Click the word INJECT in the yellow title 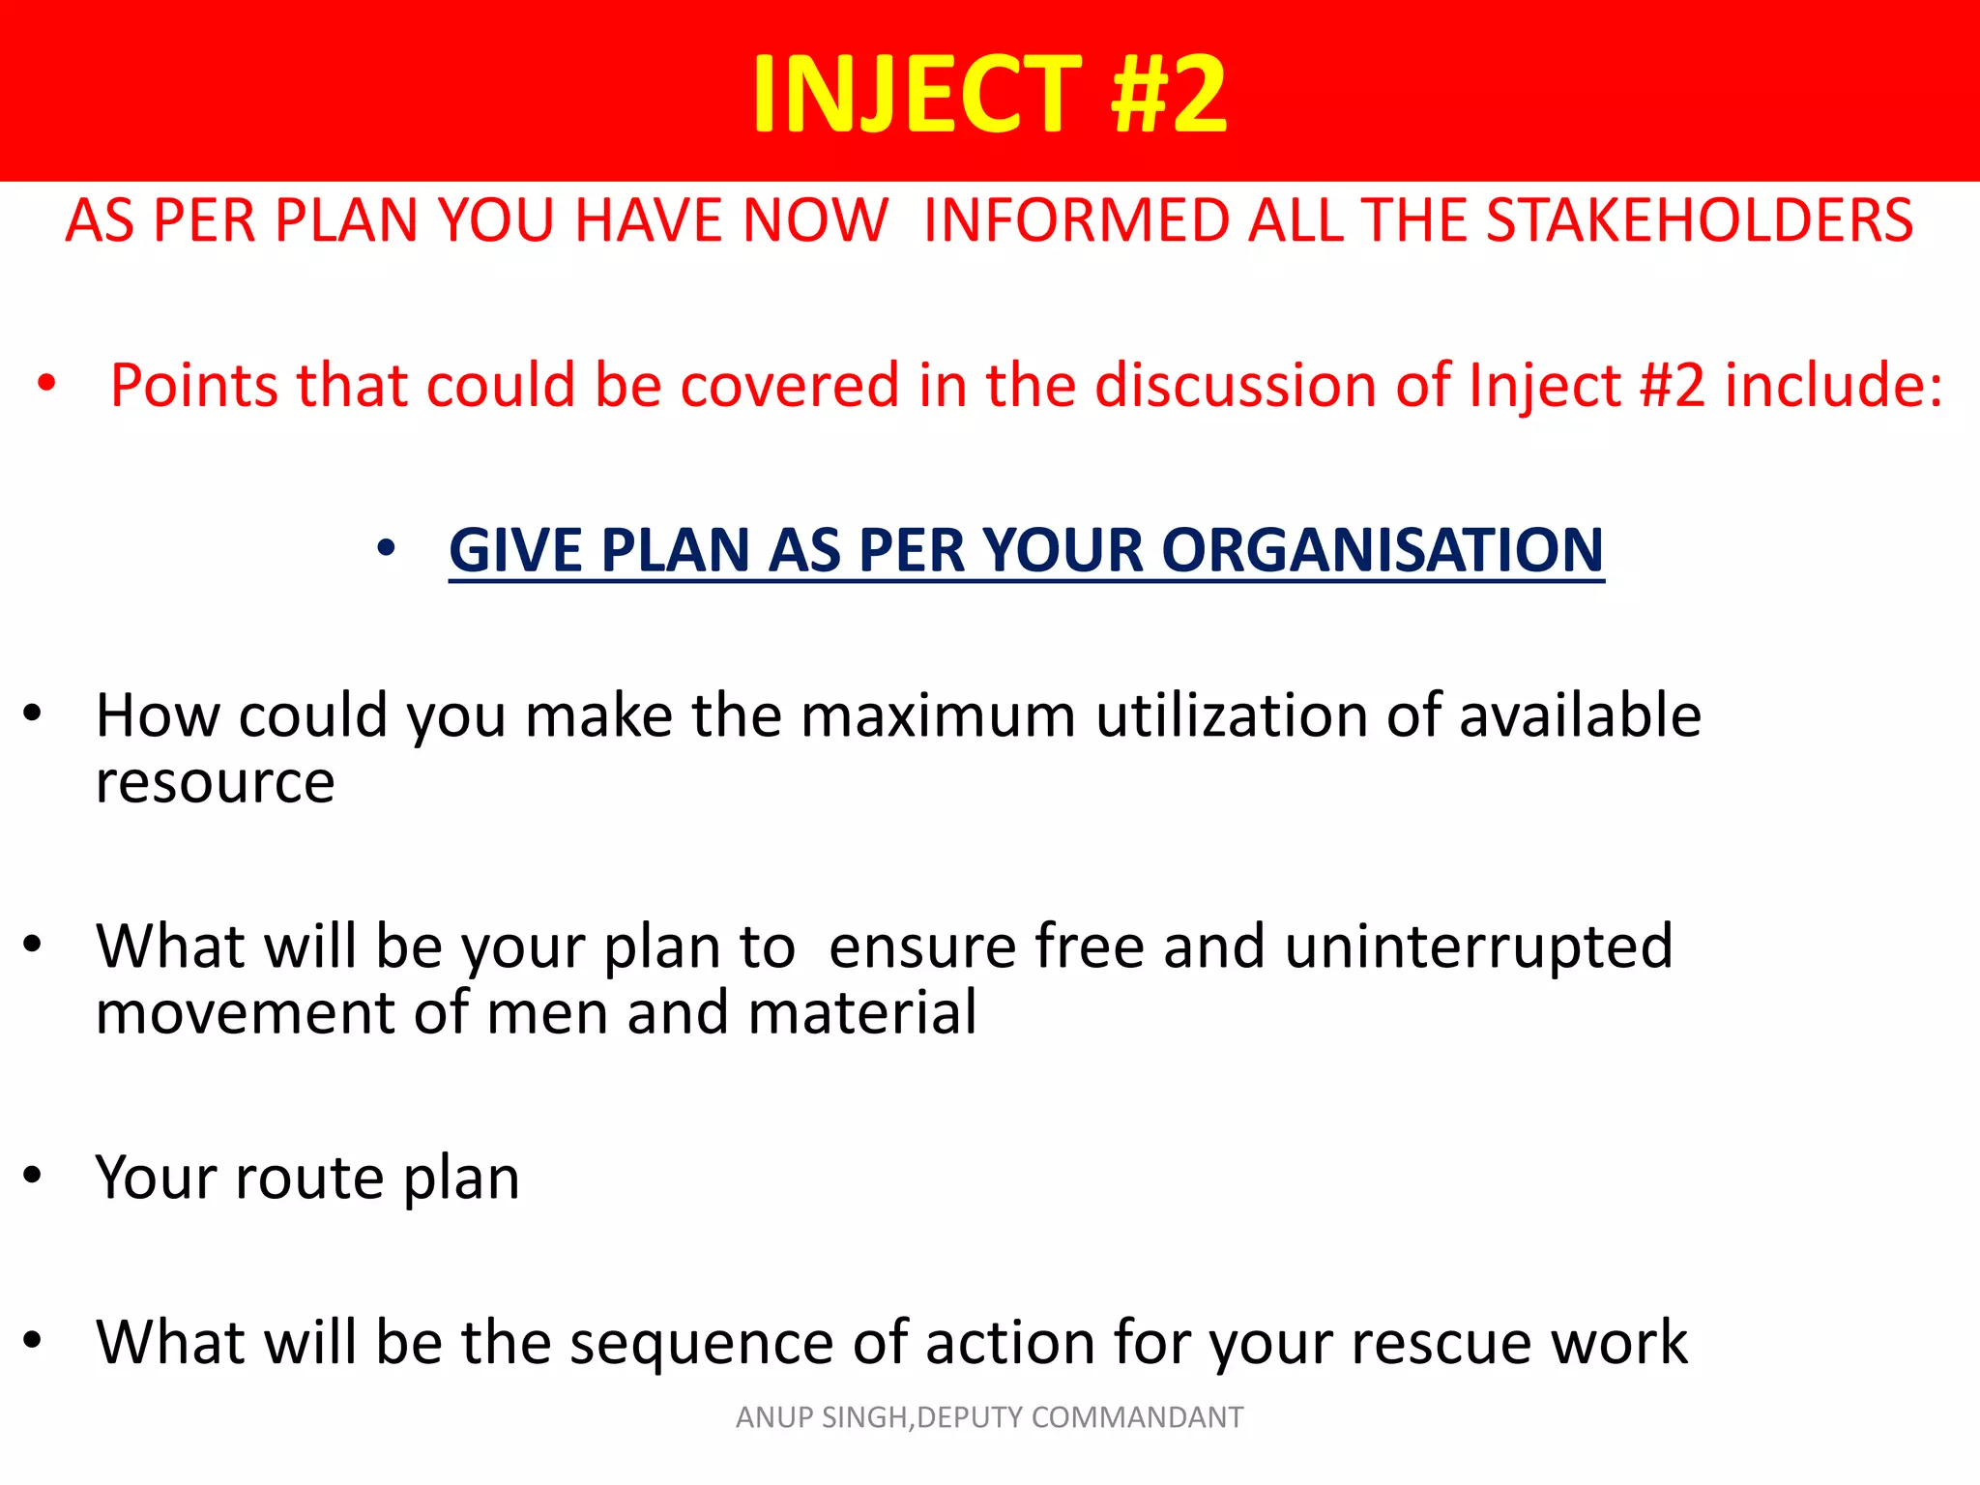[917, 94]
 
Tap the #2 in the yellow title [1169, 94]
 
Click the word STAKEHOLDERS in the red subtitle [1699, 220]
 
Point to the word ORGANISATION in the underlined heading [1382, 550]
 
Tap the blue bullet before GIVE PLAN [386, 549]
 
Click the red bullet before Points [46, 384]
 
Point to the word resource [215, 783]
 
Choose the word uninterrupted [1478, 946]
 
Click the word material [861, 1013]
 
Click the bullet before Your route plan [33, 1176]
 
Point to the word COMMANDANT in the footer [1137, 1417]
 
